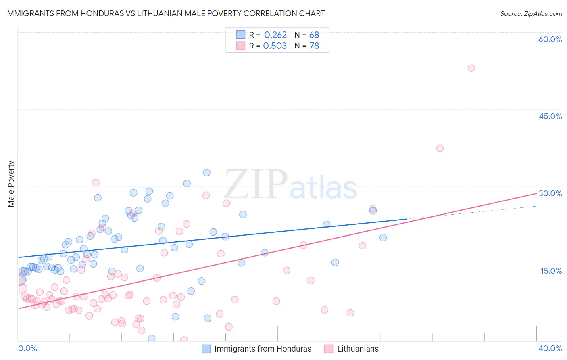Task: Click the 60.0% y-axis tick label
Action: click(x=550, y=39)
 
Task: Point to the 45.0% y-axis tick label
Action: click(x=550, y=116)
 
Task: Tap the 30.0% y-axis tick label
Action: click(x=550, y=193)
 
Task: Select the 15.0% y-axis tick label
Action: click(x=551, y=271)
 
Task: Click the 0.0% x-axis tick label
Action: click(x=27, y=348)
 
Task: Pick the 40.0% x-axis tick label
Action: click(x=550, y=348)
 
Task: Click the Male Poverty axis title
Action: click(x=11, y=184)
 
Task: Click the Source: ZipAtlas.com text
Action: click(x=531, y=14)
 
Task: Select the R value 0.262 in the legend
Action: click(x=275, y=35)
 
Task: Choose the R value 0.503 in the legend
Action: click(x=275, y=46)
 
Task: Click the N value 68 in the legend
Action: click(x=314, y=35)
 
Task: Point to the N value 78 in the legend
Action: click(x=314, y=46)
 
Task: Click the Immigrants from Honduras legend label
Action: click(x=263, y=349)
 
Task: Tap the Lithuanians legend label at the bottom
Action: click(x=358, y=349)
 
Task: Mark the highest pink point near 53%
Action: click(x=471, y=68)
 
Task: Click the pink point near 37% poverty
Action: click(x=440, y=148)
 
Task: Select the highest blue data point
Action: click(x=206, y=172)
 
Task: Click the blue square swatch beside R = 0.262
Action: click(x=241, y=35)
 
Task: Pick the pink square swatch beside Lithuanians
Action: click(x=329, y=349)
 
